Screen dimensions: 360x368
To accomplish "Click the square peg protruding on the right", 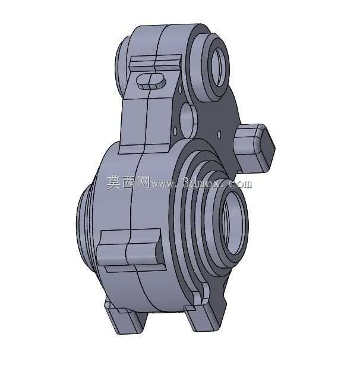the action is [254, 148].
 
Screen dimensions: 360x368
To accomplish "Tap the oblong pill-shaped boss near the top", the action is [151, 81].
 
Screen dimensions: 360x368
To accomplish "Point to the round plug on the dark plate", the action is [188, 121].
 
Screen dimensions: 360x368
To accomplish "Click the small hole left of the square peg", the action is [219, 135].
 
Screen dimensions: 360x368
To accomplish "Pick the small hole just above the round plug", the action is [180, 89].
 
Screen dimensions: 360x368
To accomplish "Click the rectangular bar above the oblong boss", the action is [155, 63].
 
